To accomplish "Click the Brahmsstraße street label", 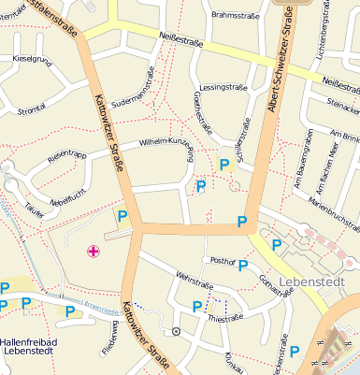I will [x=234, y=15].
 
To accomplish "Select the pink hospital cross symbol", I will [x=93, y=250].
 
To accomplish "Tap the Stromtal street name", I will [x=31, y=108].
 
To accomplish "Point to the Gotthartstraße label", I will [x=276, y=281].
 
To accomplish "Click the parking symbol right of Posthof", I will [x=243, y=265].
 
